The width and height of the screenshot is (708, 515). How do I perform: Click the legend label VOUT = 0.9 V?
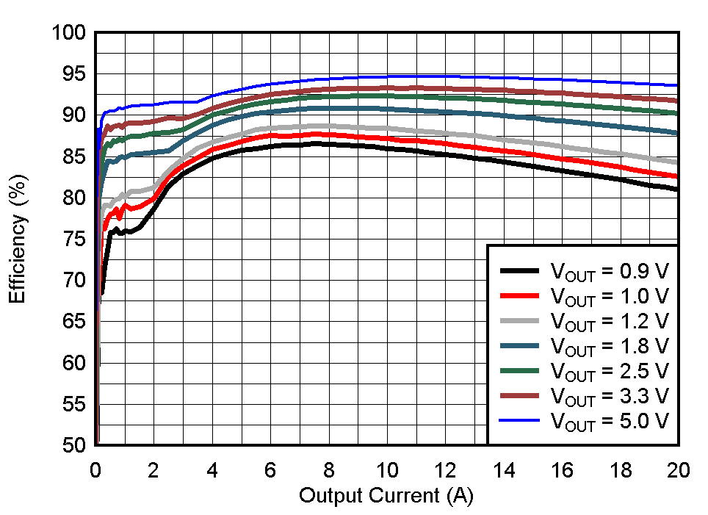click(x=609, y=270)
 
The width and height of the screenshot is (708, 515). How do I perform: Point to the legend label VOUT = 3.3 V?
click(x=609, y=396)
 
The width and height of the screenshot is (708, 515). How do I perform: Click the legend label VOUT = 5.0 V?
click(x=609, y=421)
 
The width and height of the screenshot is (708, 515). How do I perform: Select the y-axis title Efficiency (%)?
click(x=18, y=240)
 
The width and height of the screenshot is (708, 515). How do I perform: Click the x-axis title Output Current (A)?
click(x=386, y=496)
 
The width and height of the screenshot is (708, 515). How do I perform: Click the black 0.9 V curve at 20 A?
click(x=677, y=189)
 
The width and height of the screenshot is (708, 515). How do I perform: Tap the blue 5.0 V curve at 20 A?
click(x=677, y=85)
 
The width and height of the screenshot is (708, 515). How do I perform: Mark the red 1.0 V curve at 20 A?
click(x=677, y=176)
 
